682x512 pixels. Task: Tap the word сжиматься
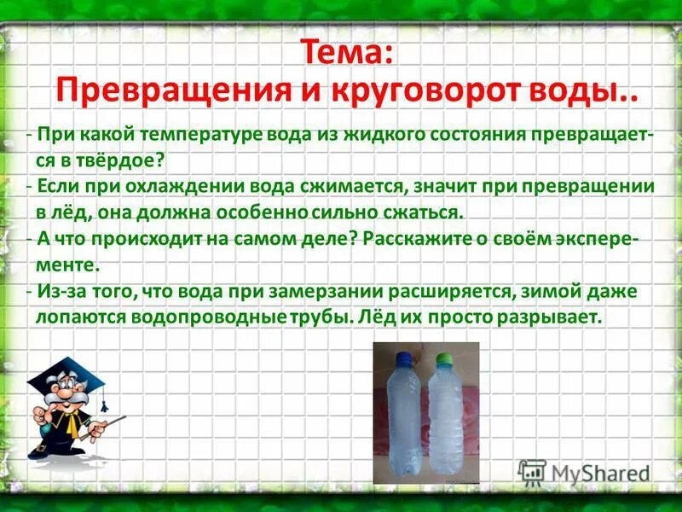tap(416, 211)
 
